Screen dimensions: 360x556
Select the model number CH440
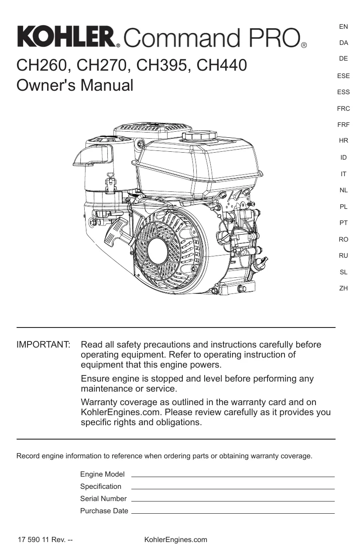coord(222,65)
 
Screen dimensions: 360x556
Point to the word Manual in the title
coord(107,85)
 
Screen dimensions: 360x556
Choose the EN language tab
coord(343,27)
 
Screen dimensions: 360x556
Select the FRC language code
coord(343,109)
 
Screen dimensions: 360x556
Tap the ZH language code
coord(343,288)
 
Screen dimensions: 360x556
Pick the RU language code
coord(343,256)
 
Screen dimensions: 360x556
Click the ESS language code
coord(343,92)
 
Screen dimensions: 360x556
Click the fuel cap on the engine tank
coord(199,136)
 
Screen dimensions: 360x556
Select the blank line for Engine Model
coord(233,477)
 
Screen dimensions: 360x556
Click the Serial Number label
coord(103,498)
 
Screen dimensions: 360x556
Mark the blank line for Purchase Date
coord(233,513)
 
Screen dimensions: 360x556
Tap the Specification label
coord(101,487)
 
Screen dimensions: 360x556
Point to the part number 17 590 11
coord(33,539)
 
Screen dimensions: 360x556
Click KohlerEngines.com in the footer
coord(176,539)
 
